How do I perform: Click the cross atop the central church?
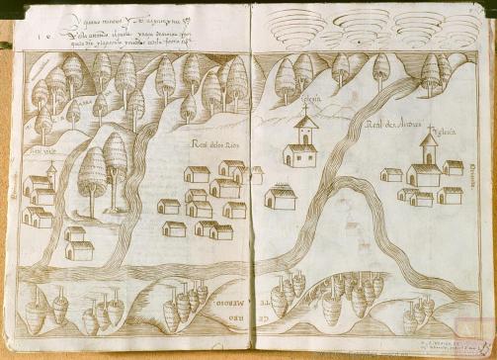305,110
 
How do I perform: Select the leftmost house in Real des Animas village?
392,174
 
